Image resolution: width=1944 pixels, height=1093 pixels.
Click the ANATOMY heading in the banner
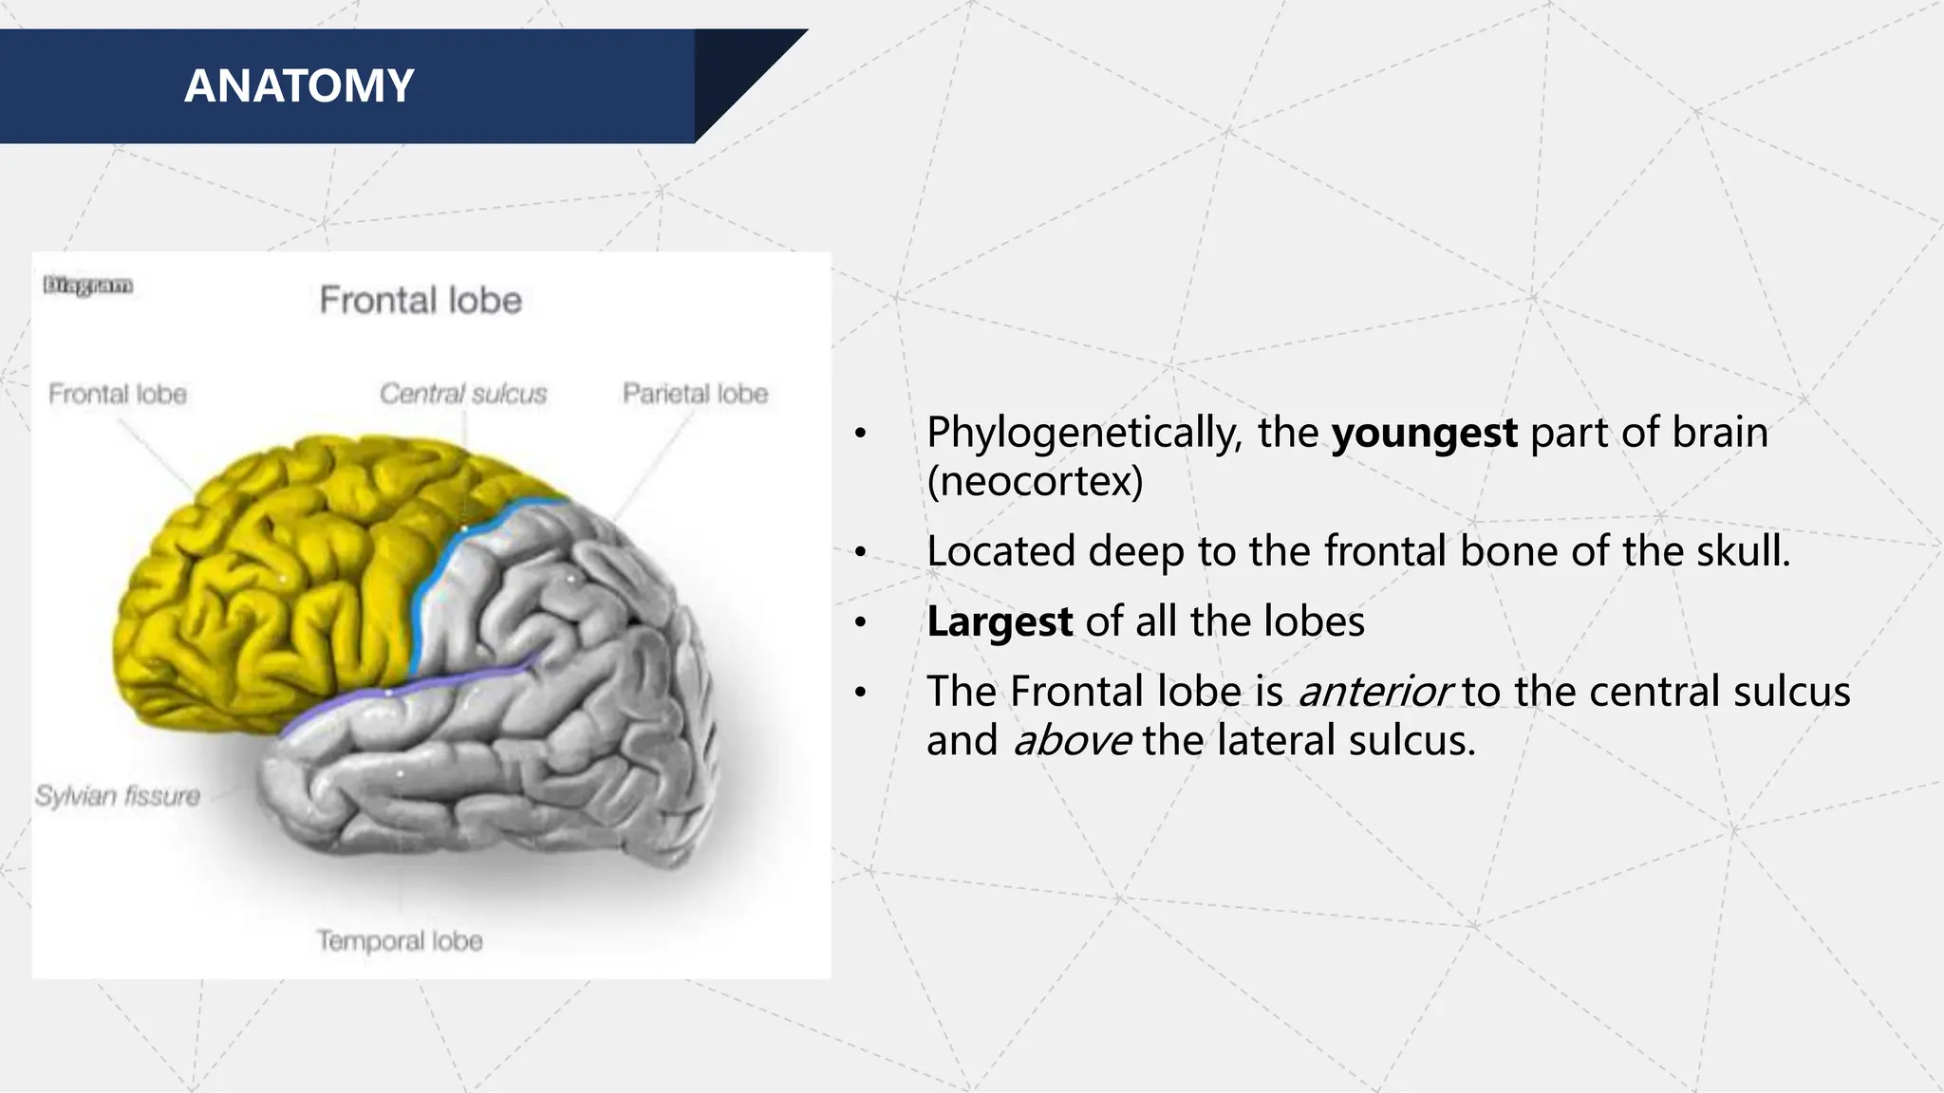pos(299,86)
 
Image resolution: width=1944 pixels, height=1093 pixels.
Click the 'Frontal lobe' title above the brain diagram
pos(421,301)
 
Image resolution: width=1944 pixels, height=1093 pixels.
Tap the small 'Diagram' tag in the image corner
pos(87,286)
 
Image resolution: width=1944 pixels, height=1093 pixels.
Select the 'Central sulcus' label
pos(463,394)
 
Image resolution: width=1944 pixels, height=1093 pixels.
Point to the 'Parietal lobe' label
pos(695,394)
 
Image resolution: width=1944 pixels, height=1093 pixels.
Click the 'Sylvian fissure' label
pos(118,795)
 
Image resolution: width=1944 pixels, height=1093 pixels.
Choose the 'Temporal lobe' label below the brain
pos(400,940)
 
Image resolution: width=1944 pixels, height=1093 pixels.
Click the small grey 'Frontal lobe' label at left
pos(118,394)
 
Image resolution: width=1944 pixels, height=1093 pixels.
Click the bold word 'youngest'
pos(1424,434)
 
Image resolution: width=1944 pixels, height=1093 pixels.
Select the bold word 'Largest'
pos(1000,622)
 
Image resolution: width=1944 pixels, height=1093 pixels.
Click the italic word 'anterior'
pos(1374,692)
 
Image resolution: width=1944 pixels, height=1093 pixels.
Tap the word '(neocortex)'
pos(1035,482)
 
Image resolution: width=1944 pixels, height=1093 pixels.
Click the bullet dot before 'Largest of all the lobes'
pos(860,623)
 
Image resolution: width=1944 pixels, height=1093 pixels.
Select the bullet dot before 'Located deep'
pos(860,552)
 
